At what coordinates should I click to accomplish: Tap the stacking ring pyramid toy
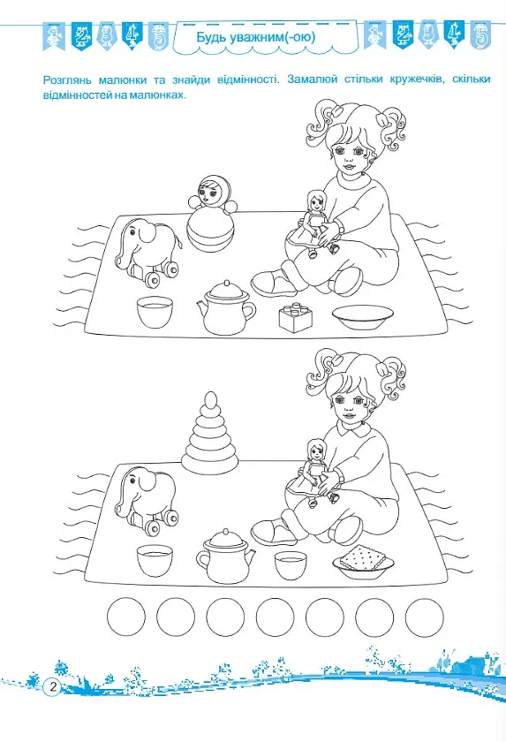click(x=210, y=434)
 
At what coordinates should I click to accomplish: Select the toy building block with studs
click(x=296, y=317)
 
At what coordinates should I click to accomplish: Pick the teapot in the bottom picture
click(x=226, y=556)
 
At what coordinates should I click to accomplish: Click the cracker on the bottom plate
click(x=362, y=557)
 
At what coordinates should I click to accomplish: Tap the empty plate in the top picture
click(x=363, y=317)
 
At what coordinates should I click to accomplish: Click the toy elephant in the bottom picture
click(x=147, y=500)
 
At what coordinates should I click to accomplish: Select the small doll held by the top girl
click(x=314, y=223)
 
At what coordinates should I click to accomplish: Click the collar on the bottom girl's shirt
click(x=354, y=428)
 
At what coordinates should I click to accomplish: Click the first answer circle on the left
click(x=126, y=617)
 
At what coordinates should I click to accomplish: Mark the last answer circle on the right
click(x=425, y=617)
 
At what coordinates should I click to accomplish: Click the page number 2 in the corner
click(x=52, y=686)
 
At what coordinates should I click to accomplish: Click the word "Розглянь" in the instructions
click(x=64, y=80)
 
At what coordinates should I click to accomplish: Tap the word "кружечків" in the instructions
click(x=418, y=79)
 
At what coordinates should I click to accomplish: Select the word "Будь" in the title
click(x=211, y=37)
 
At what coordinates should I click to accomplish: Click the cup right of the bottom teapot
click(x=291, y=565)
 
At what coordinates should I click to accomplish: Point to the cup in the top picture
click(x=155, y=311)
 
